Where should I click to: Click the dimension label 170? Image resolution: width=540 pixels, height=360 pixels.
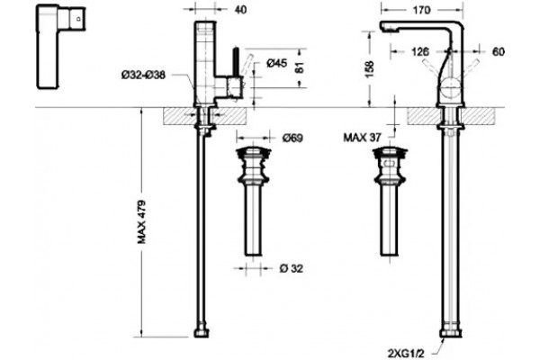pos(421,10)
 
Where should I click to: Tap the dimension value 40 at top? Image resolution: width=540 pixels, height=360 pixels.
pos(240,10)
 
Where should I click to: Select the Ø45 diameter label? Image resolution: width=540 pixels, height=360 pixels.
pos(276,63)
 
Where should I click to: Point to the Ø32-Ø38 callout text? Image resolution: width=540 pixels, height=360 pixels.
pos(143,75)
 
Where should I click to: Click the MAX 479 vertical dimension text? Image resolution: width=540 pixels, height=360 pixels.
pos(142,222)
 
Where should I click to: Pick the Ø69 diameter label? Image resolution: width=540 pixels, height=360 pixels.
pos(292,138)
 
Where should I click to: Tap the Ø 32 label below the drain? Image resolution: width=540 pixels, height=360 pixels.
pos(292,268)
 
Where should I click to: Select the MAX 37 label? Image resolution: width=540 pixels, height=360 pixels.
pos(362,138)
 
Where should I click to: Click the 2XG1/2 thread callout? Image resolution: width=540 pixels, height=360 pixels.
pos(406,354)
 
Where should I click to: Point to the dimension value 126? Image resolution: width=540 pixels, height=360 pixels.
pos(420,51)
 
